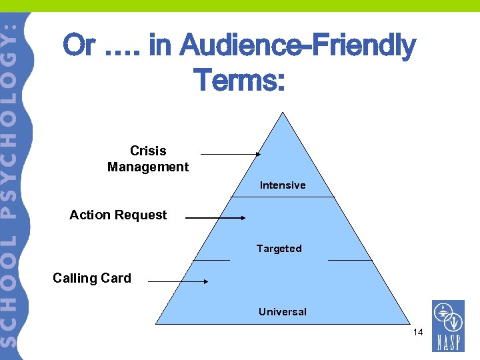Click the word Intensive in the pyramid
[283, 185]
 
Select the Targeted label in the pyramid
[279, 249]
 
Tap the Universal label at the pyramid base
[283, 312]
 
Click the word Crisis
[148, 151]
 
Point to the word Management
[148, 167]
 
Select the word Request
[141, 215]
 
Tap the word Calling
[75, 279]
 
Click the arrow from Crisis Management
[231, 154]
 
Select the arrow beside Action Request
[215, 217]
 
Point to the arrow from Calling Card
[178, 281]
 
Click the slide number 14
[418, 332]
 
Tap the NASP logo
[447, 325]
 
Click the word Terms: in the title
[239, 81]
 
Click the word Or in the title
[79, 47]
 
